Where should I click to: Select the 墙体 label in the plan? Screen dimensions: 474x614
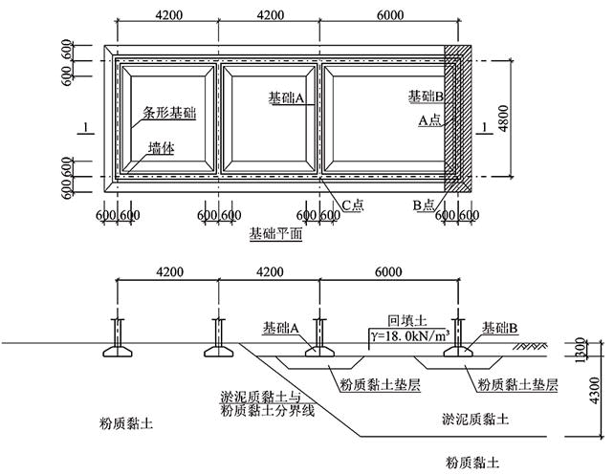click(x=160, y=147)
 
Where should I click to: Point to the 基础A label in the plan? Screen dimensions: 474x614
click(x=286, y=97)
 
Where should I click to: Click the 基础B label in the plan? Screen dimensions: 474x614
click(x=425, y=97)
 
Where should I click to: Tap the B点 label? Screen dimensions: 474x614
click(x=424, y=205)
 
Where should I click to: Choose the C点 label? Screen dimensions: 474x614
click(x=354, y=205)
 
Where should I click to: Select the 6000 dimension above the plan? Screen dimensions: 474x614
click(x=388, y=15)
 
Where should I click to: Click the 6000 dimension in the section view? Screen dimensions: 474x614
click(x=388, y=272)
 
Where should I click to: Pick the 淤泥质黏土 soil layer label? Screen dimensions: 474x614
click(x=475, y=419)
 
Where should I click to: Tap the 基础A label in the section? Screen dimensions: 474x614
click(x=281, y=328)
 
